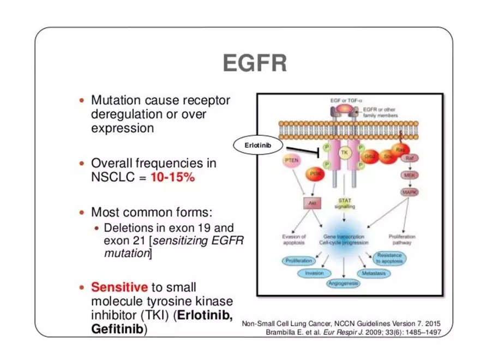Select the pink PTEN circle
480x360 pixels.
pyautogui.click(x=293, y=161)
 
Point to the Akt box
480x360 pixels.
pyautogui.click(x=313, y=203)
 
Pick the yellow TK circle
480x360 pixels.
pyautogui.click(x=344, y=153)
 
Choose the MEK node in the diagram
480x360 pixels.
pyautogui.click(x=409, y=176)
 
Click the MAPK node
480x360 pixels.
pyautogui.click(x=409, y=192)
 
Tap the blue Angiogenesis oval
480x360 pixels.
pyautogui.click(x=343, y=283)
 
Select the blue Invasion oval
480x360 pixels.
pyautogui.click(x=315, y=273)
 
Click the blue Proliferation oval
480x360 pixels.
pyautogui.click(x=298, y=261)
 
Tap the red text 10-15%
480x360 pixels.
pyautogui.click(x=173, y=178)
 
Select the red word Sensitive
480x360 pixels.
pyautogui.click(x=119, y=287)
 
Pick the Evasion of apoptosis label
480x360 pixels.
pyautogui.click(x=295, y=240)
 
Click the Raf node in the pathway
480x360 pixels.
pyautogui.click(x=410, y=158)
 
